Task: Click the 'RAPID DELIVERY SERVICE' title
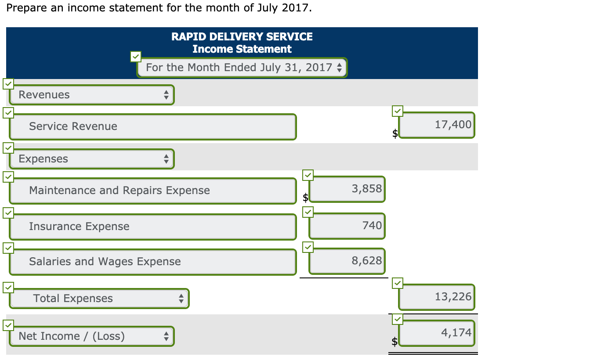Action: click(x=242, y=36)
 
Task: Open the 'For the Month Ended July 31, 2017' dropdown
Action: click(x=242, y=68)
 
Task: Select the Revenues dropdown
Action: click(x=92, y=95)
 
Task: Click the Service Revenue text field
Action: click(x=152, y=126)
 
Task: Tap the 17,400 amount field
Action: click(x=437, y=125)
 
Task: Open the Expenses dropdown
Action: click(x=92, y=159)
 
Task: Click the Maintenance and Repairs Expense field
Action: click(x=152, y=191)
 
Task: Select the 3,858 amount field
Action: click(x=347, y=189)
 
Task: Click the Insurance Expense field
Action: click(x=152, y=227)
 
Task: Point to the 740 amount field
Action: click(x=347, y=226)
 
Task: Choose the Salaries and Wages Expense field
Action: click(x=152, y=262)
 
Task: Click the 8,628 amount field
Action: click(x=347, y=261)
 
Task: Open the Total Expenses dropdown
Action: click(x=99, y=299)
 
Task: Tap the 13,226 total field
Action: click(x=437, y=297)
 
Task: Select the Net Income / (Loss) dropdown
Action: click(x=92, y=336)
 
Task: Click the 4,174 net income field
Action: click(x=437, y=333)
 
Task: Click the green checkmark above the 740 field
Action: click(x=308, y=212)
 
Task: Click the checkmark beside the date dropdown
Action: click(x=136, y=56)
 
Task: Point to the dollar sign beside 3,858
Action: click(x=306, y=198)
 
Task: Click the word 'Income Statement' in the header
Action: click(x=242, y=49)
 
